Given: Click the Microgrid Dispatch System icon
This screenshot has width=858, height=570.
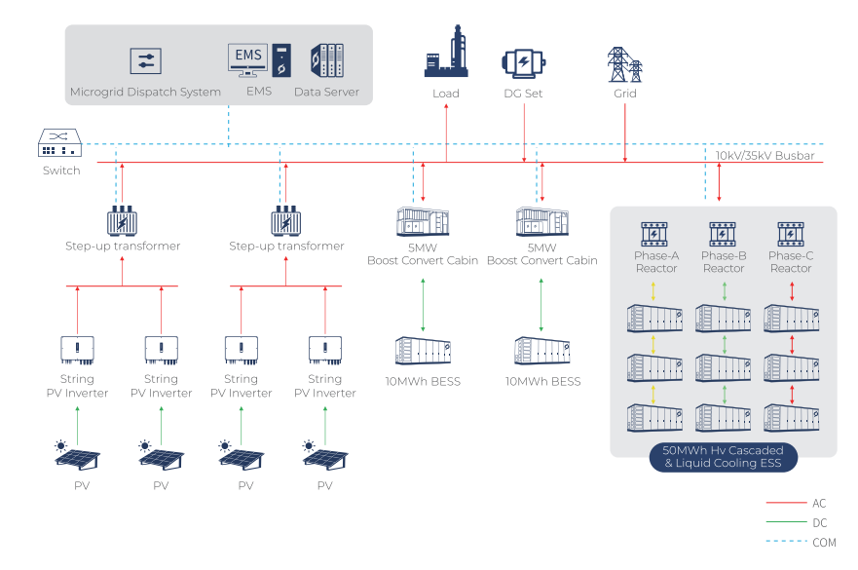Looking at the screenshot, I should (x=145, y=61).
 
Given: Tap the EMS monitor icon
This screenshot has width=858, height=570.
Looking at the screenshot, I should (x=247, y=58).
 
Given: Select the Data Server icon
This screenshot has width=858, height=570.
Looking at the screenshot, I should (x=326, y=60).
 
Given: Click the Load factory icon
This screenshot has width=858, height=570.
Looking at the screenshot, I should (x=446, y=57).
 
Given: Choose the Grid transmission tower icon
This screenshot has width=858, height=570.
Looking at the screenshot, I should (x=624, y=64).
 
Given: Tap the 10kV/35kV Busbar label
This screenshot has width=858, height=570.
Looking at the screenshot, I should (x=765, y=156).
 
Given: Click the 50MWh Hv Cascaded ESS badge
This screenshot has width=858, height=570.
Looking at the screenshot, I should (x=723, y=457).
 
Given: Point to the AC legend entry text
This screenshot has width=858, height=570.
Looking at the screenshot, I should (x=819, y=503).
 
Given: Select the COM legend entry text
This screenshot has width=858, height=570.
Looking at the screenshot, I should (x=823, y=543).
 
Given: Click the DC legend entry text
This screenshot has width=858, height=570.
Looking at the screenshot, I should (x=819, y=523).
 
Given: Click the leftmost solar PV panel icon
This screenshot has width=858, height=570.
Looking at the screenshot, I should (x=76, y=456).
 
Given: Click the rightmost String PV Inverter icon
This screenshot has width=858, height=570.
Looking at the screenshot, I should (x=324, y=349).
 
